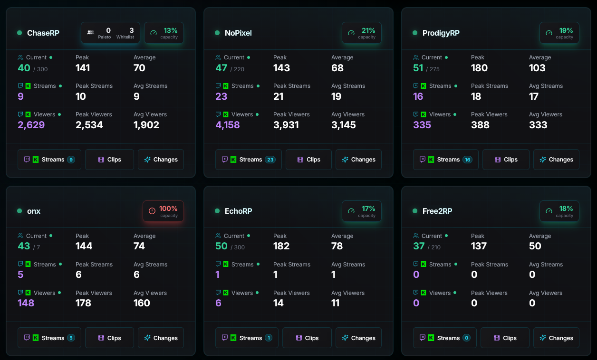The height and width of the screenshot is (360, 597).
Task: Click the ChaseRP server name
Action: click(43, 33)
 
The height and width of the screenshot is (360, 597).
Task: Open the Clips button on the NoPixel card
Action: click(308, 160)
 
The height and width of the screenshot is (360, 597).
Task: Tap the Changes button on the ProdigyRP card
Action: click(556, 160)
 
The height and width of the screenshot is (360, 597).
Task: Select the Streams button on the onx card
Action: click(49, 338)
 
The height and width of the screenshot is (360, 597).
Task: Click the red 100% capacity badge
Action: click(163, 211)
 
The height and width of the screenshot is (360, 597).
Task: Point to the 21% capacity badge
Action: click(361, 33)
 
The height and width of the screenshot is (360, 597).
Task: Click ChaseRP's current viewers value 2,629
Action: click(31, 125)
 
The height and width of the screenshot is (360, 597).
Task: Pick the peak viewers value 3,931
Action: click(286, 125)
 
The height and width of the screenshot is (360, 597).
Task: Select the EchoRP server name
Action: click(238, 211)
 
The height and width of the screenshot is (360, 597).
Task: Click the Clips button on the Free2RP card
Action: click(505, 338)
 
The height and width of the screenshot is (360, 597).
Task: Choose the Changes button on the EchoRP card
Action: click(358, 338)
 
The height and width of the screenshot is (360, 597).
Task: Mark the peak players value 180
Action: click(479, 68)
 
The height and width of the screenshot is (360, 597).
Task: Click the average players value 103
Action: click(537, 68)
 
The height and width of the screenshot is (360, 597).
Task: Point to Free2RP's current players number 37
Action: click(419, 246)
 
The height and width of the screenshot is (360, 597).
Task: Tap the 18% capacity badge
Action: click(559, 211)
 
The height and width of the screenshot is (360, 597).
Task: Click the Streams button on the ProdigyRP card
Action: click(445, 160)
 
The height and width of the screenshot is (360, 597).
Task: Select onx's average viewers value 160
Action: click(142, 303)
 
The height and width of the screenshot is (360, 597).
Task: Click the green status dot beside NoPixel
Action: click(217, 33)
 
